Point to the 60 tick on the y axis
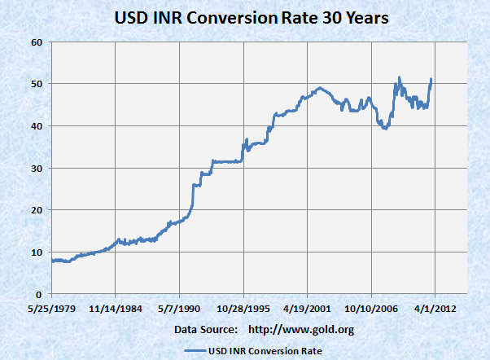tap(36, 42)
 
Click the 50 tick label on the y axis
tap(36, 84)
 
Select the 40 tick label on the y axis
tap(36, 125)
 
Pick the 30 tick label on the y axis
tap(36, 168)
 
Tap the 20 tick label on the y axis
tap(36, 210)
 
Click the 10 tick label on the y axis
tap(36, 252)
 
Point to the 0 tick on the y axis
tap(39, 294)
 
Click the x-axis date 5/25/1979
tap(51, 310)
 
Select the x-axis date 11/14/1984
tap(115, 310)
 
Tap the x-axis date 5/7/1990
tap(179, 310)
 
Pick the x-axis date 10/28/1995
tap(243, 310)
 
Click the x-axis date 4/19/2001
tap(307, 310)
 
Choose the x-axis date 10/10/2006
tap(370, 310)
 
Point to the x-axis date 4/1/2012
tap(435, 310)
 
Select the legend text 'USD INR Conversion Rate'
tap(265, 350)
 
